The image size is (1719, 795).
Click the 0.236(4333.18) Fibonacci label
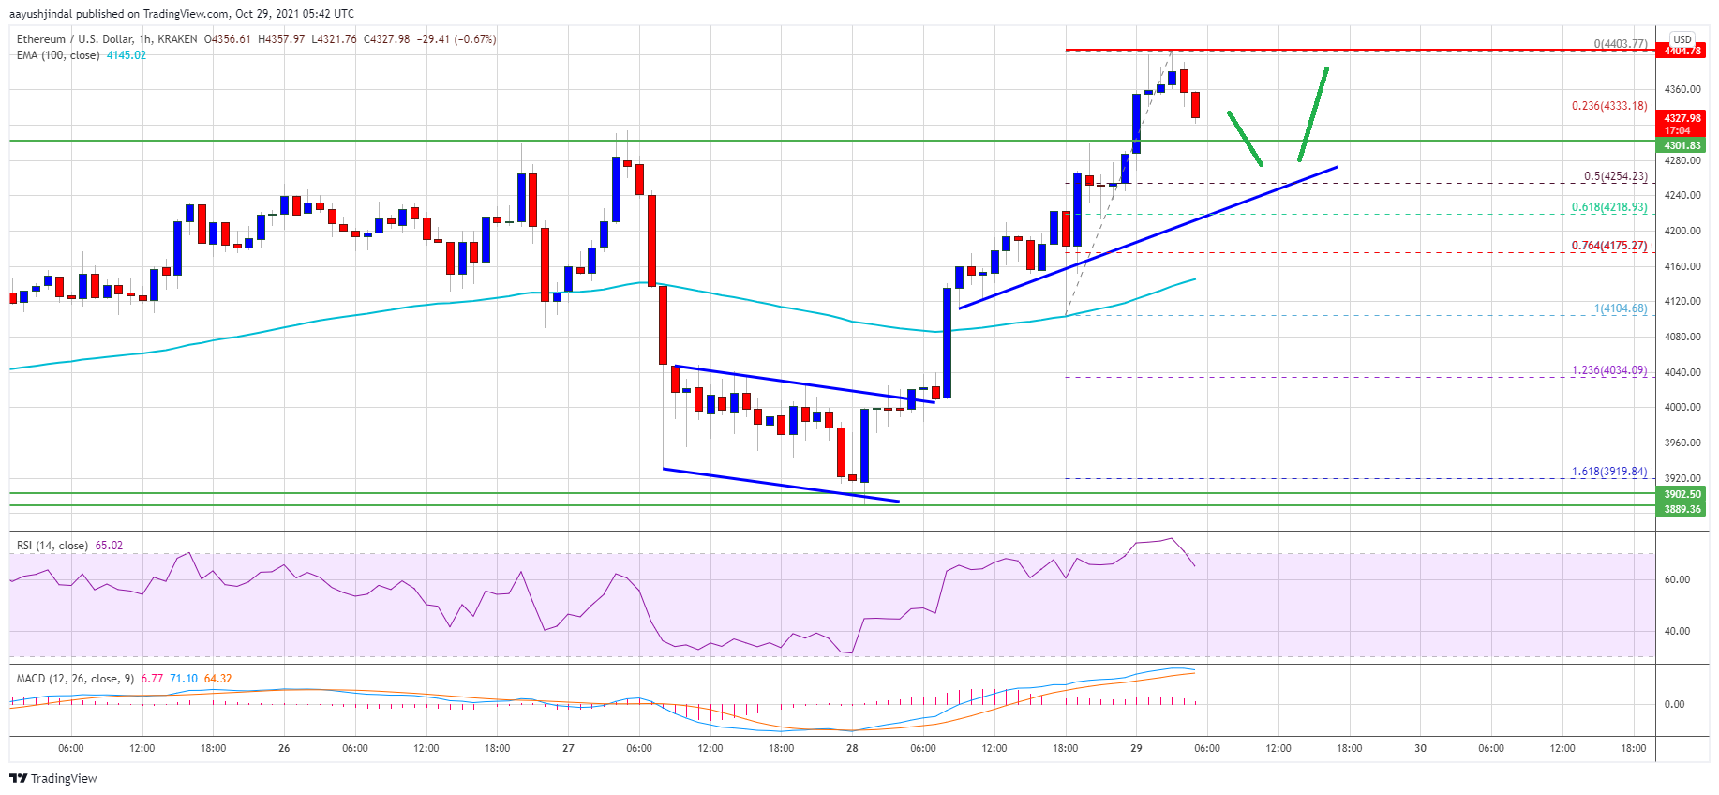click(1608, 106)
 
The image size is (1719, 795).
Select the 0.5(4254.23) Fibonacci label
click(1615, 176)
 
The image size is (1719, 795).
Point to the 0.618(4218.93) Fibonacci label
click(1608, 207)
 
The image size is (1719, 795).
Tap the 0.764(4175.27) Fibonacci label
click(1608, 246)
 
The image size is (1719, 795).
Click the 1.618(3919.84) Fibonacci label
click(1608, 472)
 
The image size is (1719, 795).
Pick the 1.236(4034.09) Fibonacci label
click(1608, 370)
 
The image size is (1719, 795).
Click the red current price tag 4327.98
click(1682, 118)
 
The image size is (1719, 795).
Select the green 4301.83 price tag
click(1682, 145)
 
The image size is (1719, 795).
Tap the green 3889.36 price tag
click(1682, 509)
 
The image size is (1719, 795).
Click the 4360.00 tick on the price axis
click(1682, 90)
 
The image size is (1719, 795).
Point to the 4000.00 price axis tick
click(1682, 407)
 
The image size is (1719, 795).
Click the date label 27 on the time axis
click(568, 748)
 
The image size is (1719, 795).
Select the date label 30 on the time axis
click(1420, 748)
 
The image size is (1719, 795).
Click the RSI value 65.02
click(109, 546)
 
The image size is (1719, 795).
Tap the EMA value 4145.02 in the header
click(127, 55)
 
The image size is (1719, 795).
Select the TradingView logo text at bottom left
click(63, 779)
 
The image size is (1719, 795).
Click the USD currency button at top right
click(1682, 39)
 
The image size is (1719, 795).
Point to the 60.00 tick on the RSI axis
click(1677, 579)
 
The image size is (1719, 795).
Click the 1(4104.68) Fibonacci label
click(1620, 308)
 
